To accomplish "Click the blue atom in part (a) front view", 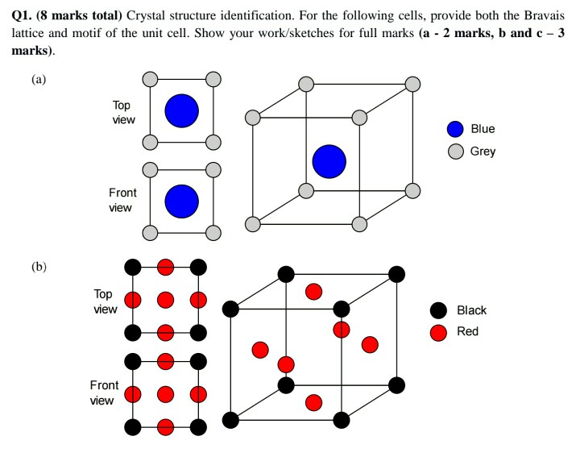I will pyautogui.click(x=181, y=201).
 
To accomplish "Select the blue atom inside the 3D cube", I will pyautogui.click(x=329, y=161).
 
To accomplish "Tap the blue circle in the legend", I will pyautogui.click(x=456, y=129).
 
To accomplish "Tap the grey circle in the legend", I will pyautogui.click(x=456, y=151).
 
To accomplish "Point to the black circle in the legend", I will pyautogui.click(x=439, y=310).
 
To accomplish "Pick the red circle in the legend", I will pyautogui.click(x=439, y=332).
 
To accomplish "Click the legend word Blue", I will pyautogui.click(x=483, y=129).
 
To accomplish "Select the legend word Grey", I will pyautogui.click(x=483, y=151).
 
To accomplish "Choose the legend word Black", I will pyautogui.click(x=471, y=310).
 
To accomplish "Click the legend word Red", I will pyautogui.click(x=467, y=331).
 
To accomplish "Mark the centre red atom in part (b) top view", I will pyautogui.click(x=166, y=299).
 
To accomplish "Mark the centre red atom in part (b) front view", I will pyautogui.click(x=166, y=394).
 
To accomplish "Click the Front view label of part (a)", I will pyautogui.click(x=122, y=200).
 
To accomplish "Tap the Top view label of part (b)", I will pyautogui.click(x=105, y=301).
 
